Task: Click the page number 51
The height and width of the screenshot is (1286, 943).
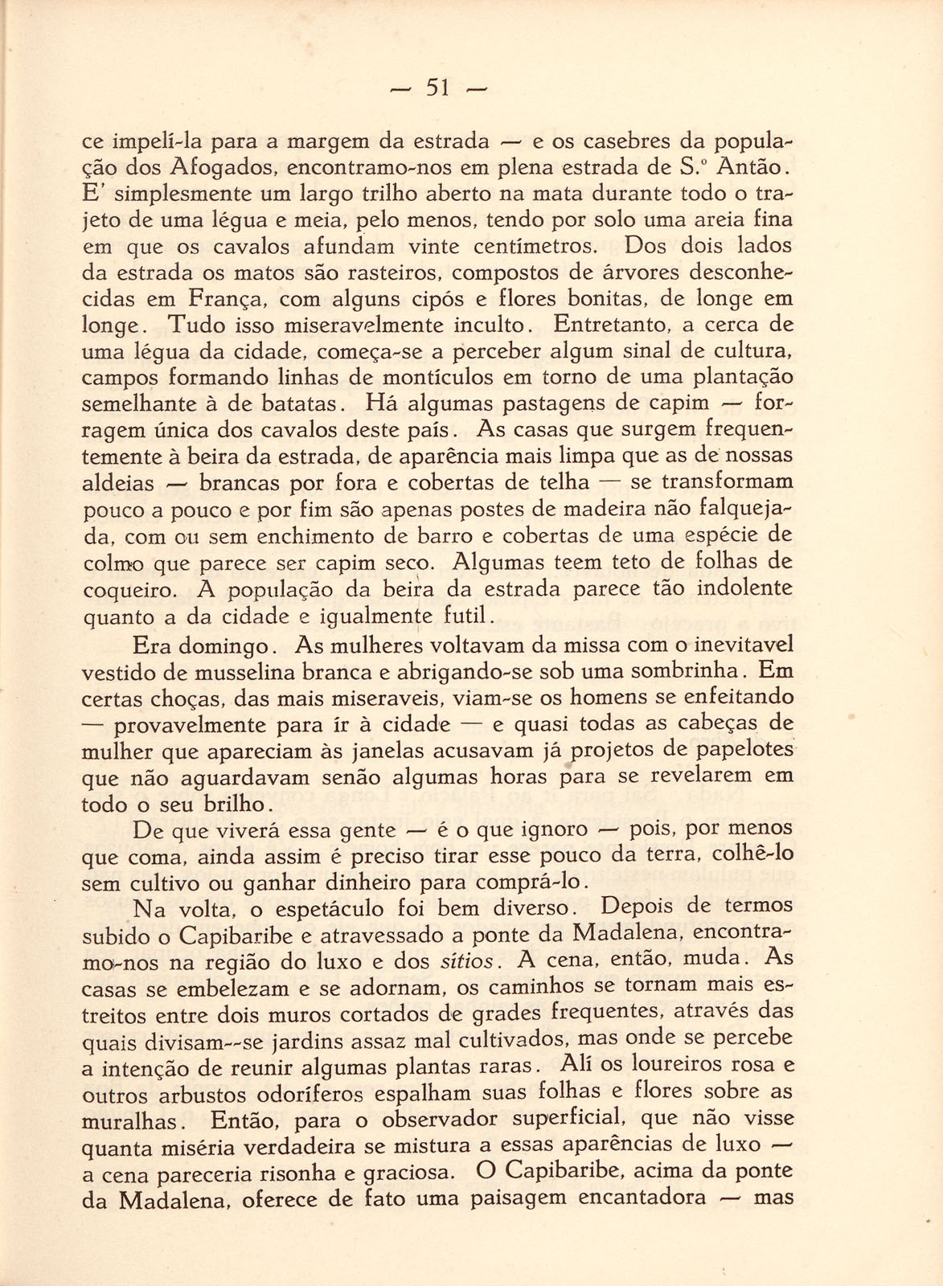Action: (x=438, y=87)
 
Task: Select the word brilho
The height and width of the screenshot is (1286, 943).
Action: (x=236, y=805)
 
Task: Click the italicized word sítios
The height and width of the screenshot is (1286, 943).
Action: (x=467, y=961)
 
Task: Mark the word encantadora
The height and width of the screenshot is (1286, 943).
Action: (x=642, y=1198)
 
